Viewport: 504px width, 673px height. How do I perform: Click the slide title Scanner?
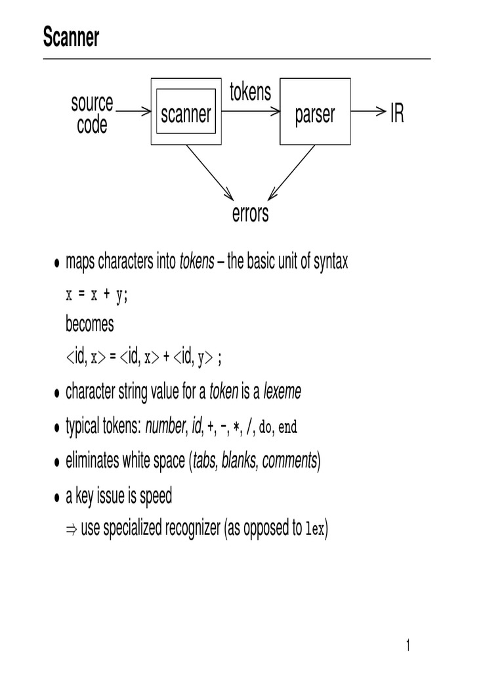point(71,38)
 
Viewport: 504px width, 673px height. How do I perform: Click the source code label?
point(92,114)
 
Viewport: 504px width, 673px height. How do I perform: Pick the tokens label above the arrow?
point(250,93)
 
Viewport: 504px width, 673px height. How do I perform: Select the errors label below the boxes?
point(250,214)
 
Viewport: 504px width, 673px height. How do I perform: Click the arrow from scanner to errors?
point(210,172)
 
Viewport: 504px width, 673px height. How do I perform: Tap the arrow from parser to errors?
point(291,172)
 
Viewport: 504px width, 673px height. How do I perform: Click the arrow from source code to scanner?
point(135,112)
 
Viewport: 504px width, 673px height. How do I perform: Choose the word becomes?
point(89,324)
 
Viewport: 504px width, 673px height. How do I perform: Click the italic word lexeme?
point(282,392)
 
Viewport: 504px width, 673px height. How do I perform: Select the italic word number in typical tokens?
point(165,427)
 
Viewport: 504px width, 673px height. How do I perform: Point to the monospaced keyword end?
point(288,428)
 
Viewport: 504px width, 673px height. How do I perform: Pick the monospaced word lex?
point(315,530)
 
